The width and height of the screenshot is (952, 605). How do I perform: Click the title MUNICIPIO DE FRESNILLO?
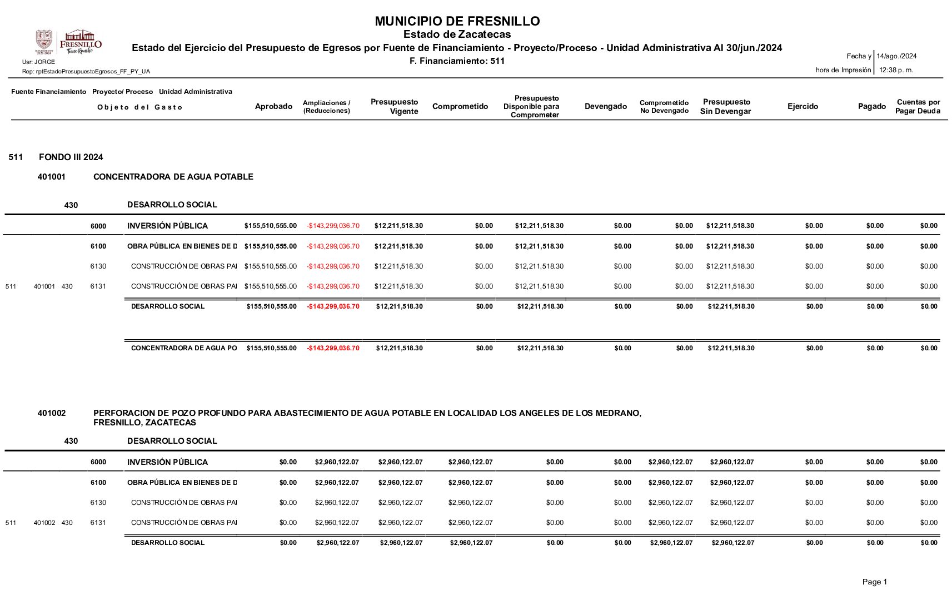[457, 21]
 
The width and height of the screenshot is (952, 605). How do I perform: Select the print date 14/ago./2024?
[896, 56]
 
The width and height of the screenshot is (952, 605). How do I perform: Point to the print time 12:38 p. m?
[896, 70]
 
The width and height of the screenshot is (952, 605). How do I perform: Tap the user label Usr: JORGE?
[38, 62]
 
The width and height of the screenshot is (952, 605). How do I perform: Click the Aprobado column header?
[273, 106]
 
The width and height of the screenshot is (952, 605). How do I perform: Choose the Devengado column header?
[605, 106]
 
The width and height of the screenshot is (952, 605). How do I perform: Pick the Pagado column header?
[871, 106]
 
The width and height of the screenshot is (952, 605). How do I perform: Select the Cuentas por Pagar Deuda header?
[918, 106]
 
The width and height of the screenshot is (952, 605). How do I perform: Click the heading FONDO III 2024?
[71, 157]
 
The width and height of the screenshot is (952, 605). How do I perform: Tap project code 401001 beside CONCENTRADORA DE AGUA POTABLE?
[52, 177]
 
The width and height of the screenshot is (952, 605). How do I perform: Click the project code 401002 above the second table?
[52, 413]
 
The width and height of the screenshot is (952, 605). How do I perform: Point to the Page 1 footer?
[874, 582]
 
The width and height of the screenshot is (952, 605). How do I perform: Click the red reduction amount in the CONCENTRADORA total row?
[333, 348]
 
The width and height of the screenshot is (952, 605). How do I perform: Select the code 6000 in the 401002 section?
[98, 462]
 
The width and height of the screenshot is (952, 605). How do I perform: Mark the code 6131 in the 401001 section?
[98, 286]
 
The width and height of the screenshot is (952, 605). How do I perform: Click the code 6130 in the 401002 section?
[98, 503]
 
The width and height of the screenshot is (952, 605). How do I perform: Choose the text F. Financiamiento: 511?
[457, 61]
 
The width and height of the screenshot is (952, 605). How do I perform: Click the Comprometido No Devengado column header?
[664, 107]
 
